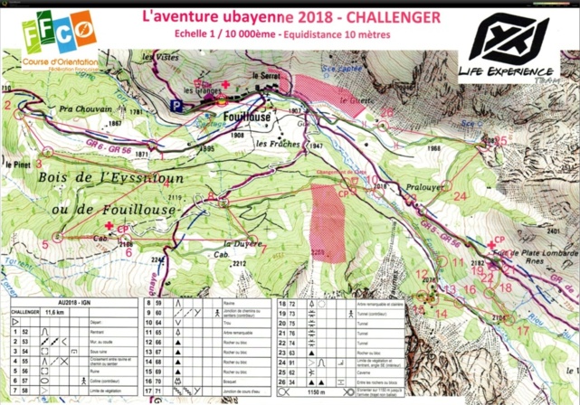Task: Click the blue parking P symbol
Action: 177,105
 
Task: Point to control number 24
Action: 461,195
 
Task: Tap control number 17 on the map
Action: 522,331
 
